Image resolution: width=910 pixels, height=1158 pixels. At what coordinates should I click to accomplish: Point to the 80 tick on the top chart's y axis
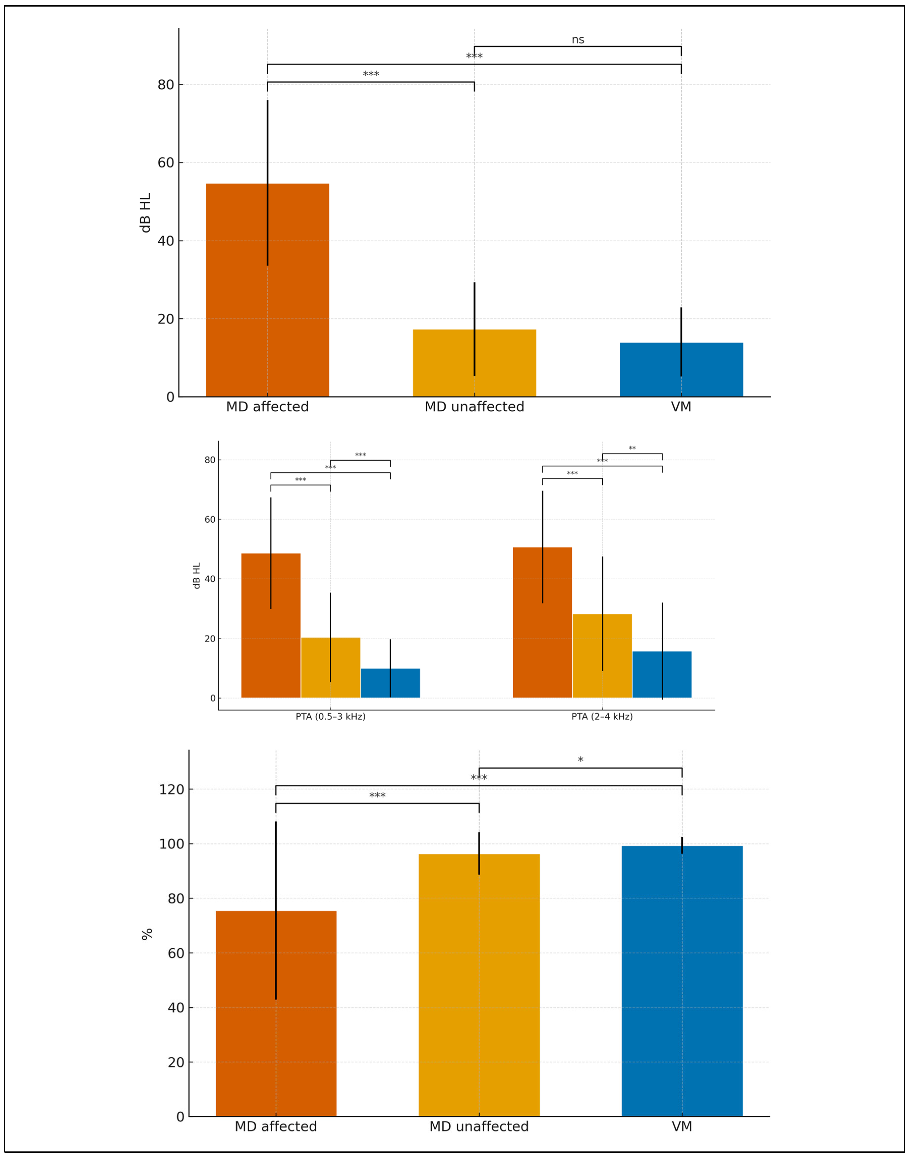click(166, 85)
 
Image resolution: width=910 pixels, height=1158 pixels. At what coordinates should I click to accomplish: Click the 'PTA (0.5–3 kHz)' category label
click(330, 717)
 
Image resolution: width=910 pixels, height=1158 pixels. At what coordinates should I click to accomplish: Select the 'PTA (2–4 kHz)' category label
click(602, 717)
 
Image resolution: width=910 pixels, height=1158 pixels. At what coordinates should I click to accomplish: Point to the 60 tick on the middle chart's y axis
click(210, 520)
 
